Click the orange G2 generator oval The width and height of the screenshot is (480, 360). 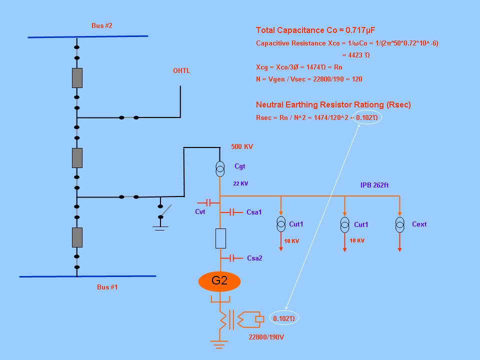[x=219, y=281]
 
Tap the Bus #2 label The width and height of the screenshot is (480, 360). [x=102, y=25]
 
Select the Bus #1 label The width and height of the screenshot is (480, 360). [x=107, y=287]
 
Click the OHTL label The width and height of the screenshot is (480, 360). [x=181, y=70]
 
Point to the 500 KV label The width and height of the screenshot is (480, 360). [x=242, y=146]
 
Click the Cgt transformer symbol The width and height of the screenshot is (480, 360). [x=220, y=169]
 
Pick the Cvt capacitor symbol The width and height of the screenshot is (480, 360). [x=208, y=202]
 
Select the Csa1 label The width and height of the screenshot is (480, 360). [x=254, y=212]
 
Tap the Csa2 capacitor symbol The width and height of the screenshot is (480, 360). [x=231, y=258]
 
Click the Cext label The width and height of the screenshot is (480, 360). [x=419, y=224]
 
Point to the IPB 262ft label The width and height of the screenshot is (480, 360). [x=374, y=185]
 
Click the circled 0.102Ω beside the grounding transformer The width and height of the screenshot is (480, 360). [x=284, y=318]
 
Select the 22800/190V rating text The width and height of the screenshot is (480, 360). [x=266, y=337]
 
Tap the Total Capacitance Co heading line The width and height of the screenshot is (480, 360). [x=315, y=30]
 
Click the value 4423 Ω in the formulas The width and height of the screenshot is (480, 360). [x=356, y=55]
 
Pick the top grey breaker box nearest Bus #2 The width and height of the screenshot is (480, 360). [x=77, y=78]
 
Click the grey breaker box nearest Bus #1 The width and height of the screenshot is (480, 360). [x=77, y=237]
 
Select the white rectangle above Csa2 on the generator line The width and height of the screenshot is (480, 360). [x=220, y=238]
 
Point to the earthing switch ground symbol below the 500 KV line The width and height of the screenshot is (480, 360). [x=160, y=228]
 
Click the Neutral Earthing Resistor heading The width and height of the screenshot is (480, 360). [x=333, y=104]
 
